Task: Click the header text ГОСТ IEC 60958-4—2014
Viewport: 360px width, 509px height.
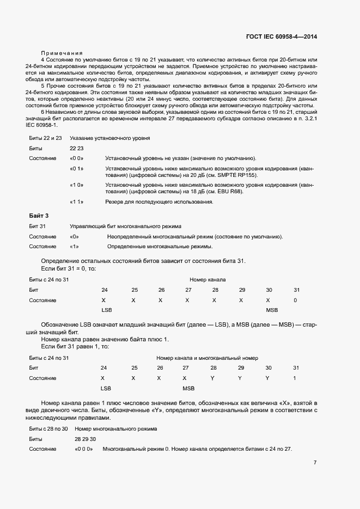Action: pos(281,36)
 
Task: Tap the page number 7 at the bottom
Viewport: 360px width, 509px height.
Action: pos(315,463)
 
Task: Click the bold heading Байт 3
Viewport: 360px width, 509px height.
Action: pos(39,216)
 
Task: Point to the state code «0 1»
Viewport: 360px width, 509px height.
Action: pos(77,169)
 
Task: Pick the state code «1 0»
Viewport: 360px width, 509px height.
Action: pos(77,185)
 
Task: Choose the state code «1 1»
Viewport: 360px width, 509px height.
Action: pos(77,202)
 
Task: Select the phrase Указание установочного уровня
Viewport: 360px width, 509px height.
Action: pos(109,138)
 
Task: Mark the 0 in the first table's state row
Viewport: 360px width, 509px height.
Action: pos(295,300)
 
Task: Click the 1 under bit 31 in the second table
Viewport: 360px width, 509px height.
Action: pos(295,378)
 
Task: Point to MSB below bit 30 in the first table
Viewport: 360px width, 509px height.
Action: pos(272,310)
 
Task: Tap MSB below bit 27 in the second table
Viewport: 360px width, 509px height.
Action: pos(188,388)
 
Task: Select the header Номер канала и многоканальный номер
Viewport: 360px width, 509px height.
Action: pos(207,358)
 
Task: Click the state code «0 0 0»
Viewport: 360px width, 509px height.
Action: pos(84,449)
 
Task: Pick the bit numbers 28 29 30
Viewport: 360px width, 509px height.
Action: pos(85,439)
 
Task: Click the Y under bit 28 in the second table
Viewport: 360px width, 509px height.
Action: pos(213,378)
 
